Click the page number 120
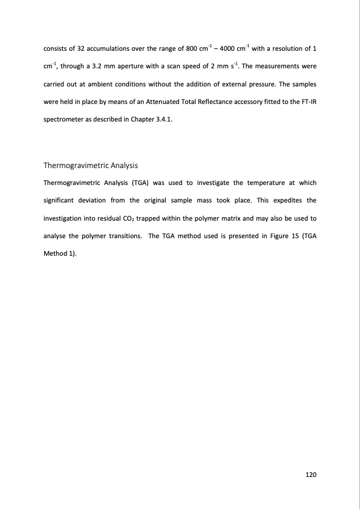coord(311,475)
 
